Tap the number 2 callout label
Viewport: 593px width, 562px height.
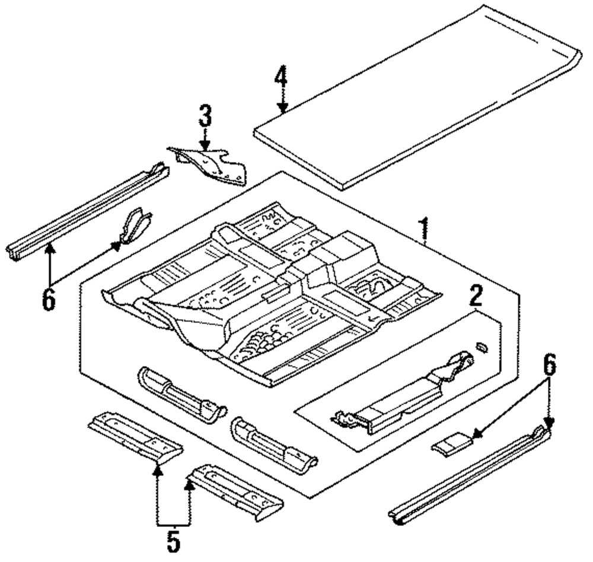coord(476,296)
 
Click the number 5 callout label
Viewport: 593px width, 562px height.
coord(173,541)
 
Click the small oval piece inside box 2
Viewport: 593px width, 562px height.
coord(481,347)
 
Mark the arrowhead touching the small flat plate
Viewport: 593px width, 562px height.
coord(474,438)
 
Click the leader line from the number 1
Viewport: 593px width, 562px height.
coord(426,243)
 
